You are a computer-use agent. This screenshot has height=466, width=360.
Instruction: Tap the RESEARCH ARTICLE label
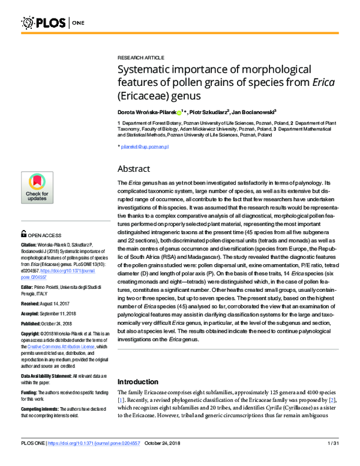(139, 54)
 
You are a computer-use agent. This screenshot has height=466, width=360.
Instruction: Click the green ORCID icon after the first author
(179, 112)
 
